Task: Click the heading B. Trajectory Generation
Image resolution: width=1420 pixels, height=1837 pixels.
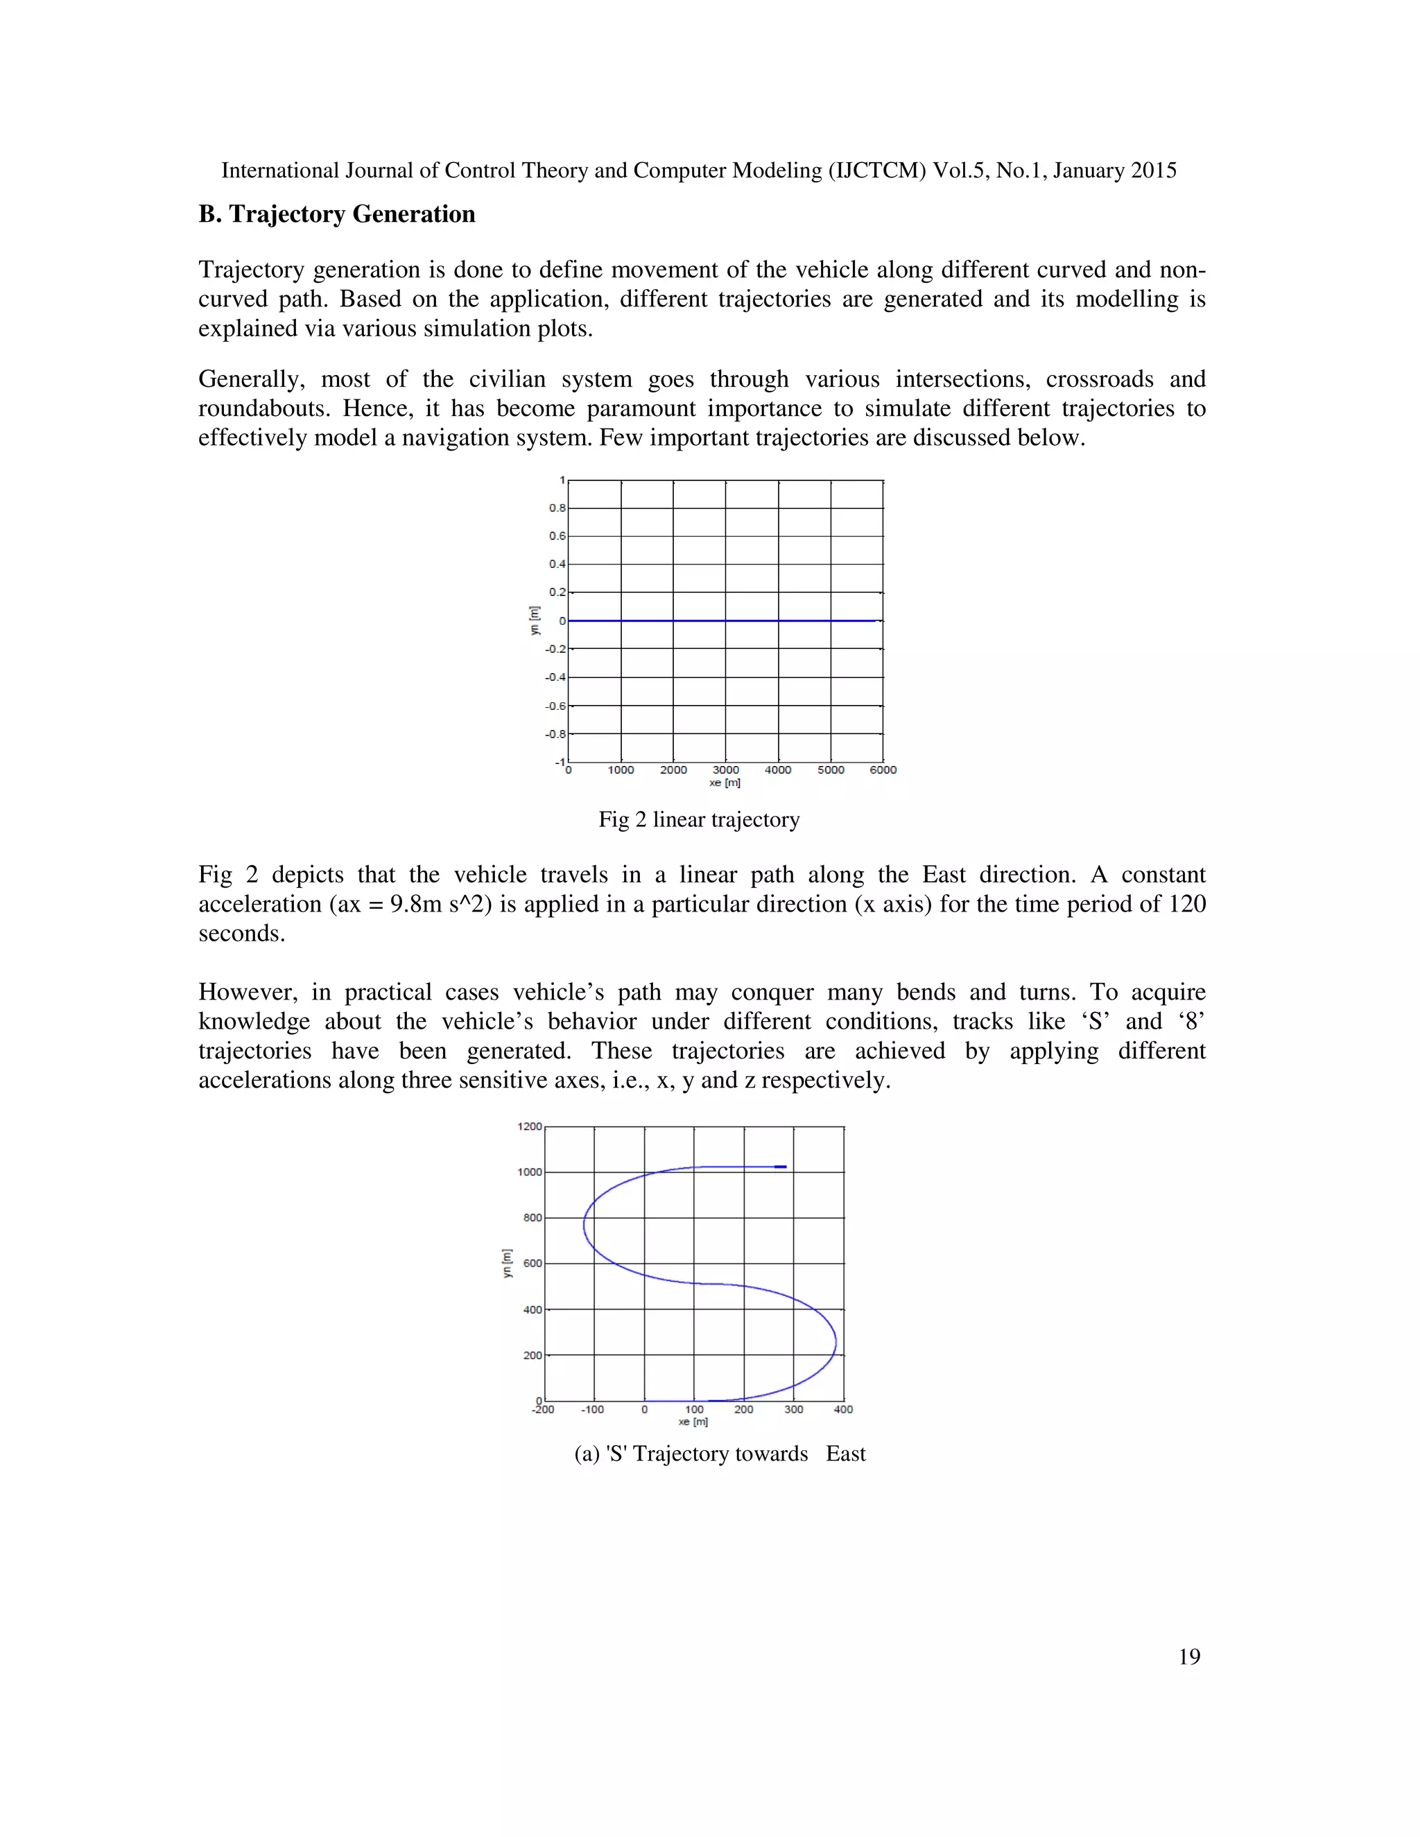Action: (336, 214)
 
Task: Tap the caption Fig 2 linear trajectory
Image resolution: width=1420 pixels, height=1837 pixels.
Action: (698, 819)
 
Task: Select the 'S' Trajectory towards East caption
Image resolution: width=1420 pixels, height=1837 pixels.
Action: (719, 1454)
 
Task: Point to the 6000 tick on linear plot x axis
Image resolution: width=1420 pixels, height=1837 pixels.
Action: (883, 769)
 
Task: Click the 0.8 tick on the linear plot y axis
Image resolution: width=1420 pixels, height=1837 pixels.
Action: (557, 508)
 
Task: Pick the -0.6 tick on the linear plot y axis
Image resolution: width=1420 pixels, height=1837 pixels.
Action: (555, 706)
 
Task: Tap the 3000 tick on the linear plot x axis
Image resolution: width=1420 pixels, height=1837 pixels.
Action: (726, 769)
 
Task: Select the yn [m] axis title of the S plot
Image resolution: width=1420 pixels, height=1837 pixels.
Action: (506, 1262)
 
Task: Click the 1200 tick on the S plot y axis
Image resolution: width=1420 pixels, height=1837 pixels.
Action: (530, 1126)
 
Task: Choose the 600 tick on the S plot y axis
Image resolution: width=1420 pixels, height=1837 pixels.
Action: (533, 1263)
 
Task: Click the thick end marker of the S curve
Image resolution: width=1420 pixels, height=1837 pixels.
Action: (780, 1167)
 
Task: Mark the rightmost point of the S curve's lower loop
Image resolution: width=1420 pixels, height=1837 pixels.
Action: (835, 1343)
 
